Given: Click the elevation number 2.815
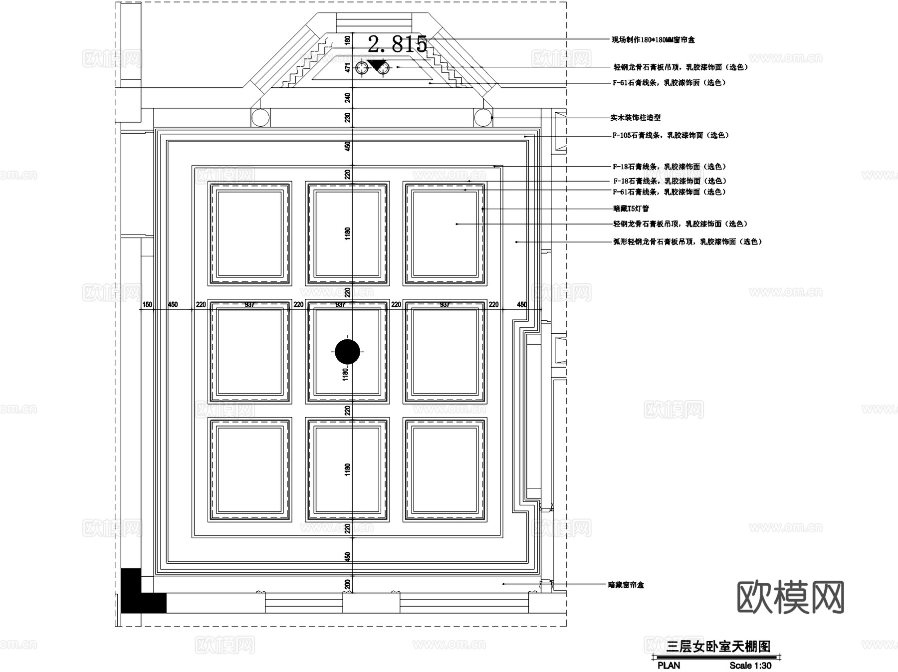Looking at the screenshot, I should tap(398, 44).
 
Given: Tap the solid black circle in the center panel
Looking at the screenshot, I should tap(347, 352).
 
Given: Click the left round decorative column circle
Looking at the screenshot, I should tap(260, 118).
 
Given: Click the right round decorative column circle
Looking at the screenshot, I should tap(483, 118).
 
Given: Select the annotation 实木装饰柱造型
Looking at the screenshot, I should tap(635, 118).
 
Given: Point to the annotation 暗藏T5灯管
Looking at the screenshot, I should tap(631, 209).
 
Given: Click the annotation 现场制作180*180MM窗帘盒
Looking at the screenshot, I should tap(653, 39).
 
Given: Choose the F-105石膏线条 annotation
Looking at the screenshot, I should tap(670, 135).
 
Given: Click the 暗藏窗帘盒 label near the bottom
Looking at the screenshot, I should tap(626, 585).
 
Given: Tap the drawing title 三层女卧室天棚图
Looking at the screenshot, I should tap(718, 647).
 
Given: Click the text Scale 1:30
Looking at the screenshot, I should tap(750, 666).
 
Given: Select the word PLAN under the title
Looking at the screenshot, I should tap(669, 666).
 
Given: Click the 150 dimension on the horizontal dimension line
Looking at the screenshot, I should tap(147, 304).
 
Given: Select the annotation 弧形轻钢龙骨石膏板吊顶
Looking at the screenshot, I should tap(687, 241).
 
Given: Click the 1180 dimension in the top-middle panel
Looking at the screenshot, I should tap(348, 233).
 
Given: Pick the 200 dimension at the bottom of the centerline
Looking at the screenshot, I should tap(348, 584).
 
